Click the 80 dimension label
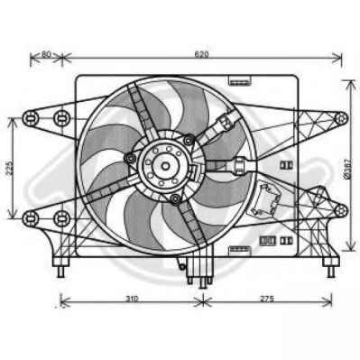46,54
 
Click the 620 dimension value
201,54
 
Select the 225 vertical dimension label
9,168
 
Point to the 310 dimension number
132,299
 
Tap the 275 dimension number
267,299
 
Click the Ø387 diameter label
347,169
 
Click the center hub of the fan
165,166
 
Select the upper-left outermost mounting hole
30,118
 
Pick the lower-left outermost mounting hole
30,218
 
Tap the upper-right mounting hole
341,118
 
